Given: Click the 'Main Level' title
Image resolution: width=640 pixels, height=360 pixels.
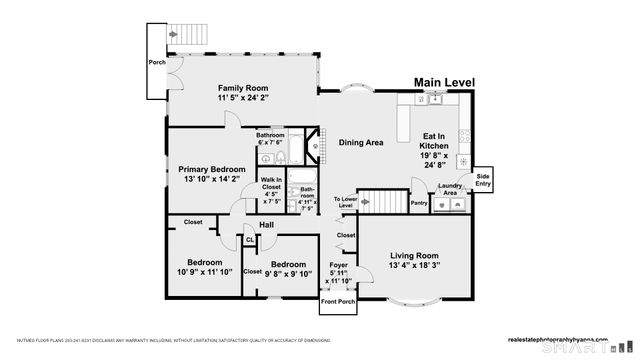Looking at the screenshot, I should [x=445, y=83].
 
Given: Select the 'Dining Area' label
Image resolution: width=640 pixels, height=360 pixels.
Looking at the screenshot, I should [x=361, y=143].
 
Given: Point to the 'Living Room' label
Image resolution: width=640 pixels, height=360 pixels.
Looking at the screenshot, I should [x=414, y=255].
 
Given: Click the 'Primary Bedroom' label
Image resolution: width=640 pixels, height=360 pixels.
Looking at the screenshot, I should [x=207, y=169].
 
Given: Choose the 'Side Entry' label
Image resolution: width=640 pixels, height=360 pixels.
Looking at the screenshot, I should [x=483, y=179].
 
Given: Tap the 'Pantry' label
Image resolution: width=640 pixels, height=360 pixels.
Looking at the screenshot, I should [x=419, y=203].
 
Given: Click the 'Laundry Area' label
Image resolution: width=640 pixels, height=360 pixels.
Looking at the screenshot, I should [x=450, y=188].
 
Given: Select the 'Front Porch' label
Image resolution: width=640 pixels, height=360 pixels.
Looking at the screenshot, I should [x=337, y=300].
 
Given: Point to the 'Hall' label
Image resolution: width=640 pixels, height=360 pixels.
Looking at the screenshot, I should [x=266, y=225].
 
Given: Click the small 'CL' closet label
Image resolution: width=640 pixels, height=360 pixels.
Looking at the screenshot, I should [x=250, y=240].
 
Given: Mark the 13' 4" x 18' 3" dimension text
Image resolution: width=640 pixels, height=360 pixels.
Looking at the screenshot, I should [x=414, y=267].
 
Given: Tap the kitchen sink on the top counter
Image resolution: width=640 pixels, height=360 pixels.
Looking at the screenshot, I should [x=436, y=98].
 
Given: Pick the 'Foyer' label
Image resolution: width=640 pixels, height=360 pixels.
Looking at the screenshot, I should [x=339, y=265].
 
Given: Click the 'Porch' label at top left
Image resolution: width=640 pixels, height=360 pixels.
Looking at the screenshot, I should [x=157, y=62].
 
